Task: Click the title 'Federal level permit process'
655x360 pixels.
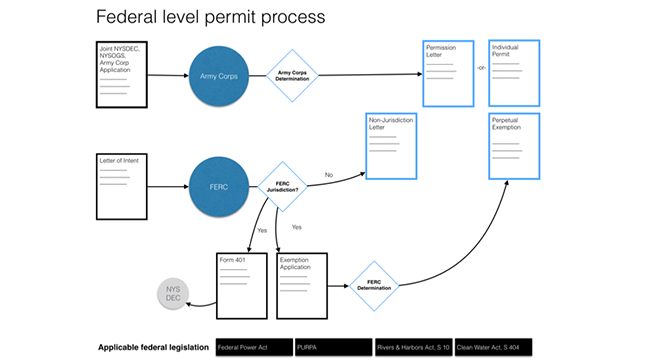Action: (x=209, y=17)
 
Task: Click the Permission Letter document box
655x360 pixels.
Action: (x=448, y=72)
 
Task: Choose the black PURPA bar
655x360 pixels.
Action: (x=332, y=347)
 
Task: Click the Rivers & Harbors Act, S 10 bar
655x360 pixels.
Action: (x=412, y=347)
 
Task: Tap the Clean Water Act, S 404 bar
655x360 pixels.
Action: (x=491, y=347)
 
